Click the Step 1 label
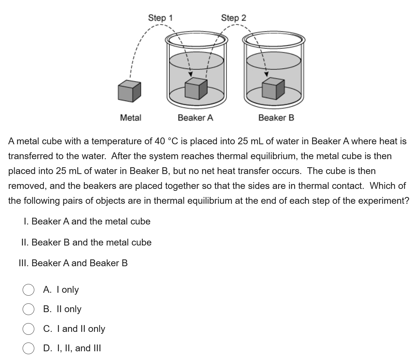tap(160, 18)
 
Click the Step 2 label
tap(234, 18)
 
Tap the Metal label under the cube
tap(130, 118)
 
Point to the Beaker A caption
tap(195, 118)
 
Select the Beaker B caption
tap(276, 118)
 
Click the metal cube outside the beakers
tap(129, 91)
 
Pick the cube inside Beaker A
tap(196, 88)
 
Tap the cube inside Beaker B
tap(273, 88)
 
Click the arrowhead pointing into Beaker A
tap(190, 74)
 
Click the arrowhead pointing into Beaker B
tap(267, 74)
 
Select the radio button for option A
tap(28, 289)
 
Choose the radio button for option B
tap(28, 309)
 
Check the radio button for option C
tap(28, 329)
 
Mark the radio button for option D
tap(28, 348)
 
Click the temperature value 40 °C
tap(166, 141)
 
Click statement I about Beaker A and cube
tap(87, 221)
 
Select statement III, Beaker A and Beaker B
tap(73, 263)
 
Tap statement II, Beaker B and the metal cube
tap(86, 242)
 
